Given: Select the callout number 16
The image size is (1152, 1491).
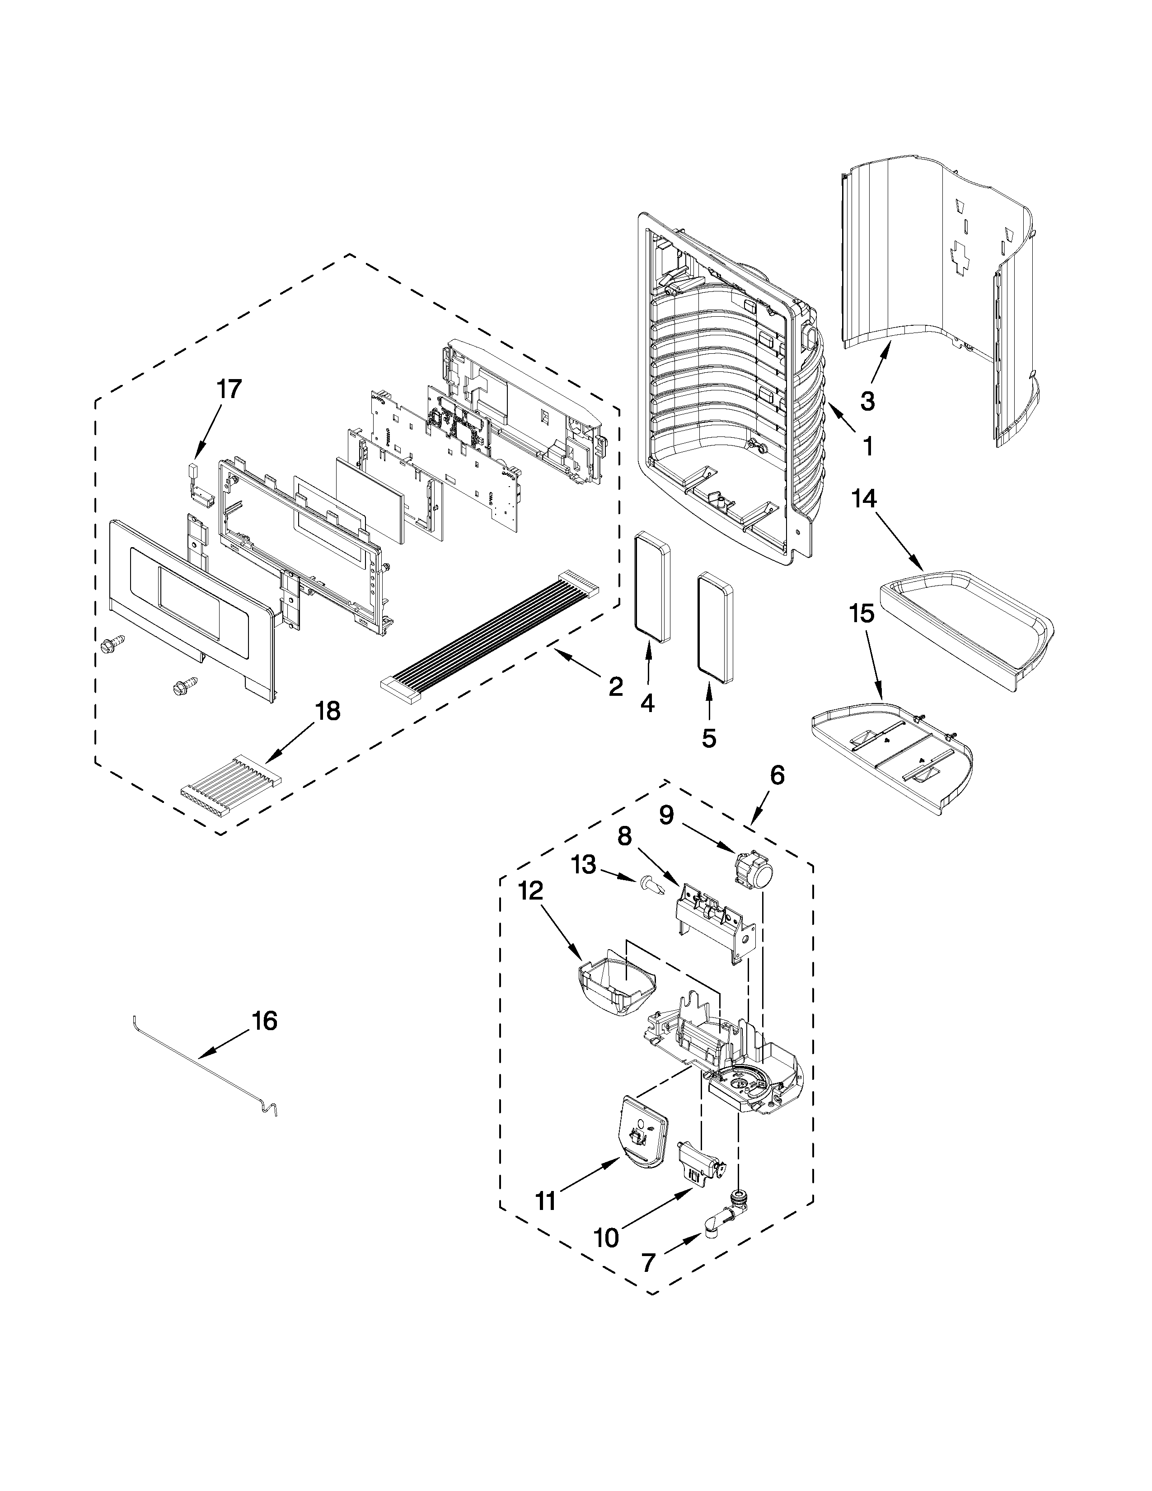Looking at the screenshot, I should pos(264,1040).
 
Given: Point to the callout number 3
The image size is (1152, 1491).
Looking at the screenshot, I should pos(867,401).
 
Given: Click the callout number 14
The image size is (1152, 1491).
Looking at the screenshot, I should pos(863,499).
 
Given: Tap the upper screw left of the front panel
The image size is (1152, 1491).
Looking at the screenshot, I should pos(111,644).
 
